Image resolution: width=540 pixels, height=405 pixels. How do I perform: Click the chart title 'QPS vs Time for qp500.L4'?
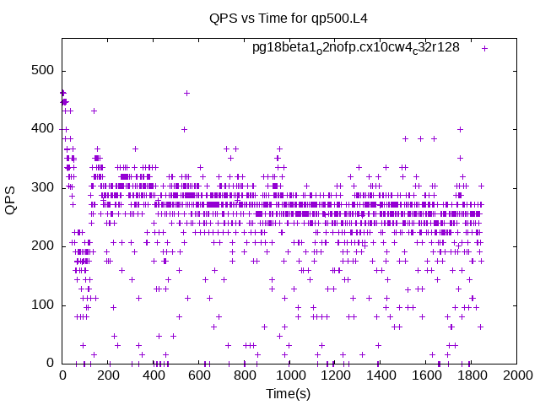coord(289,18)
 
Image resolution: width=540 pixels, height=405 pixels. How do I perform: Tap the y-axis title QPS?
coord(10,201)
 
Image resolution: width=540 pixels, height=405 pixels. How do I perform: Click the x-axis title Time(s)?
coord(289,393)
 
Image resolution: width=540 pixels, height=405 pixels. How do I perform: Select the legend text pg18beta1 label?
coord(356,47)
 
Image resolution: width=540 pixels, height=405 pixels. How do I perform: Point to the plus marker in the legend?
coord(484,49)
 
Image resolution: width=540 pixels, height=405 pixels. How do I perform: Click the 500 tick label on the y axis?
coord(43,70)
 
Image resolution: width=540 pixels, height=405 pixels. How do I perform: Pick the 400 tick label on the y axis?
coord(43,129)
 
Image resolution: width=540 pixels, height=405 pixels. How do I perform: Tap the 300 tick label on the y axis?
coord(43,187)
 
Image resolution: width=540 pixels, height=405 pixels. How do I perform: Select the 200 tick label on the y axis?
coord(43,246)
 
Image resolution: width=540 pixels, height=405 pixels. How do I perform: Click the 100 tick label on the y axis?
coord(43,305)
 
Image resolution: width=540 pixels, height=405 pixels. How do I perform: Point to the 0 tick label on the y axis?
coord(51,363)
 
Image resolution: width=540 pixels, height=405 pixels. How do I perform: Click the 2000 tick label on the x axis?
coord(517,375)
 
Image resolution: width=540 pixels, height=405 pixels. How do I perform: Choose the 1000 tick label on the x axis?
coord(290,375)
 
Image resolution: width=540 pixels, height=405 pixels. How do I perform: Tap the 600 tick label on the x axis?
coord(199,375)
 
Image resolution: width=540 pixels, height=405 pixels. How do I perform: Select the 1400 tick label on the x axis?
coord(381,375)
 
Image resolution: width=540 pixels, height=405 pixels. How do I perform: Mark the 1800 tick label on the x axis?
coord(472,375)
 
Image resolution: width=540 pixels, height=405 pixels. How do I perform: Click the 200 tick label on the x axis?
coord(108,375)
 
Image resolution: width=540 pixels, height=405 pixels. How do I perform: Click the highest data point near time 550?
coord(186,93)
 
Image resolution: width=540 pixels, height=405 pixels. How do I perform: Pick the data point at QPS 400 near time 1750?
coord(460,129)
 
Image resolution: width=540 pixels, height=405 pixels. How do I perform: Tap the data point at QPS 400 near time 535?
coord(184,129)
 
